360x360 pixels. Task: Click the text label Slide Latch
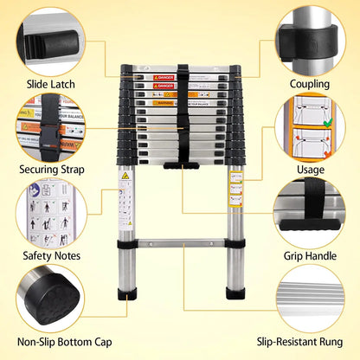tap(51, 84)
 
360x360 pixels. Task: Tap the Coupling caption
tap(310, 84)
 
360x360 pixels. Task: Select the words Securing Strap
tap(51, 170)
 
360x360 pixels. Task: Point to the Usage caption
tap(310, 170)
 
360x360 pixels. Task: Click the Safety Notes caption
tap(51, 255)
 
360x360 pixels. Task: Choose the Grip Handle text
tap(310, 255)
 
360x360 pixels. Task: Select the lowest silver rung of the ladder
tap(180, 243)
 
